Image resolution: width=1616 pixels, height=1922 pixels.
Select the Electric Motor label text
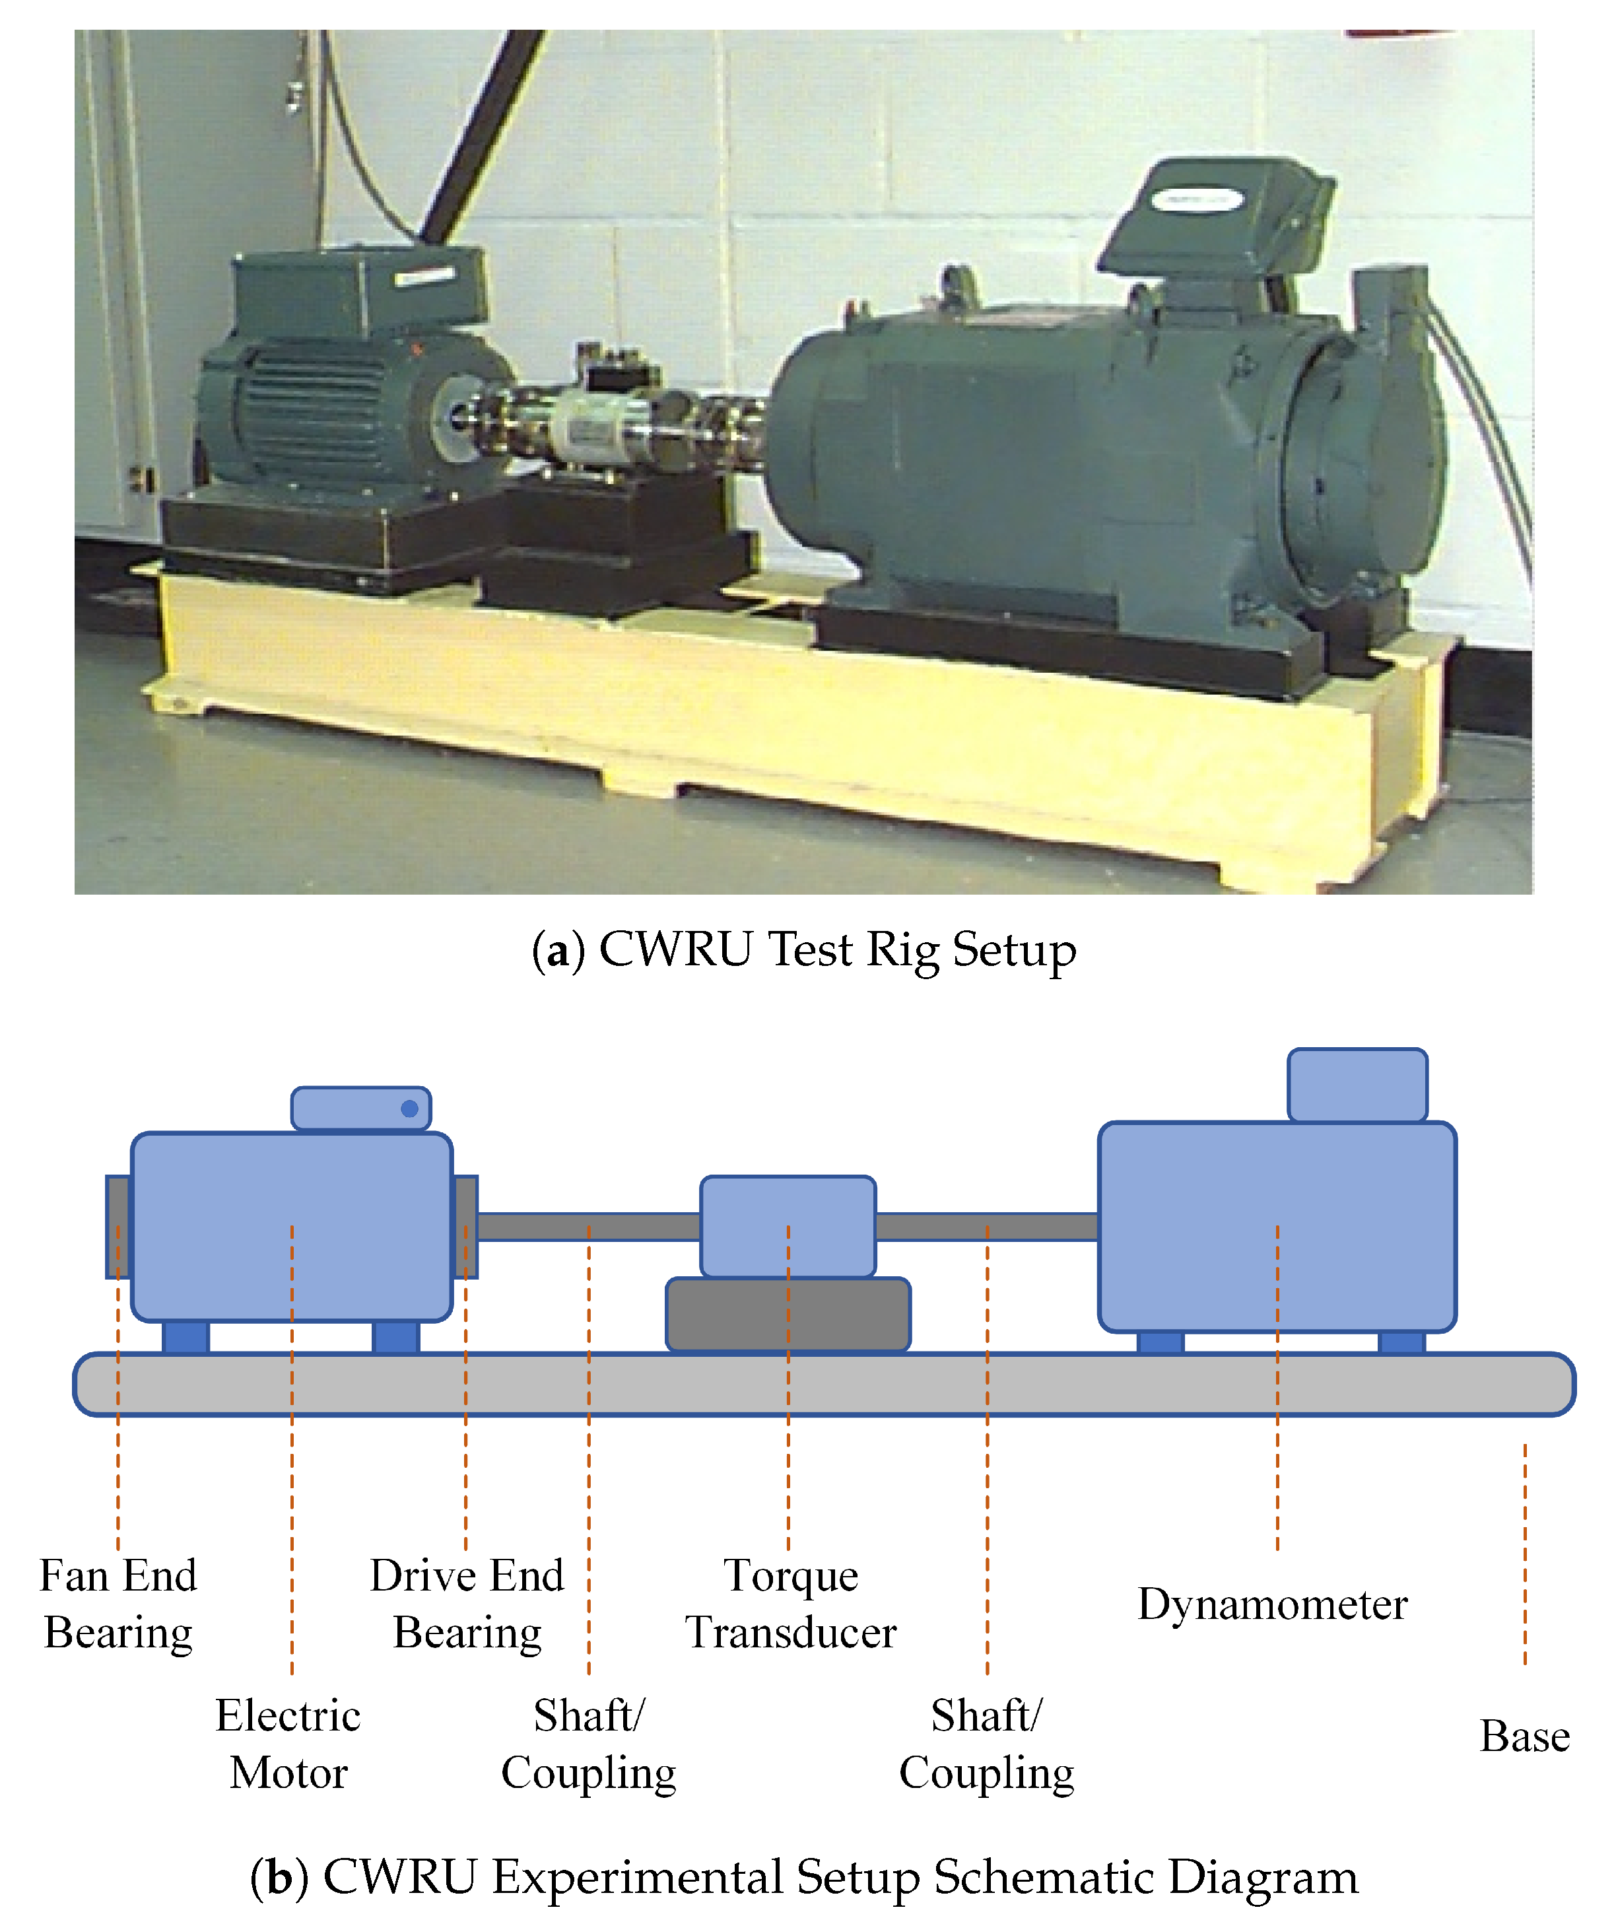[x=288, y=1744]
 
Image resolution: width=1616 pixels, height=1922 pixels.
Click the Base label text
[x=1524, y=1736]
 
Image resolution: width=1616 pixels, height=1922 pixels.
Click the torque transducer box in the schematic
[x=788, y=1225]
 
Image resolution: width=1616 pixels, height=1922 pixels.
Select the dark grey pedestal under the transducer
[x=788, y=1314]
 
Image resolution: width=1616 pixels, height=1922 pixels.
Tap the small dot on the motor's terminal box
[x=409, y=1109]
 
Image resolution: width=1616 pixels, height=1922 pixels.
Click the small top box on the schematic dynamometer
[x=1357, y=1085]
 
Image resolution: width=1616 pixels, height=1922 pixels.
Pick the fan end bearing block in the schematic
[x=118, y=1225]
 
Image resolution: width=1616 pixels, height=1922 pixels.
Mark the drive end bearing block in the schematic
[x=465, y=1225]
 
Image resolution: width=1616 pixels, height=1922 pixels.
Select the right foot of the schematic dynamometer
[x=1401, y=1343]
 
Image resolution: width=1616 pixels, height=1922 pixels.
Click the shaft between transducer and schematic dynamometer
[x=987, y=1225]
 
